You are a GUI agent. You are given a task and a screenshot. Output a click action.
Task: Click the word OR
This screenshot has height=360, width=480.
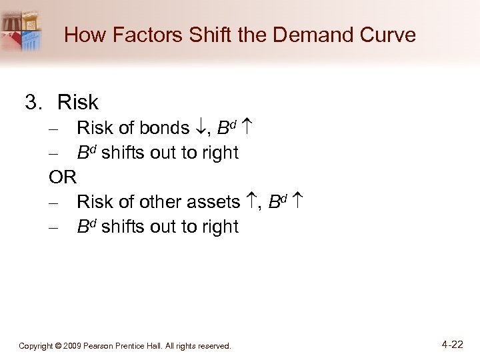point(63,177)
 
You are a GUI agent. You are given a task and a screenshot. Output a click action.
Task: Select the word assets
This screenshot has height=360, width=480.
point(215,202)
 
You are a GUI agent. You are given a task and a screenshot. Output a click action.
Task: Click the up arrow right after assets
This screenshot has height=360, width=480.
point(251,202)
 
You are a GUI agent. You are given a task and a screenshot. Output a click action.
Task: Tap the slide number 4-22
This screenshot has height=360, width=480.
point(451,345)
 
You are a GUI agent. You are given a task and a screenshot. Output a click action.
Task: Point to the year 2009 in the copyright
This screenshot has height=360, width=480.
point(73,346)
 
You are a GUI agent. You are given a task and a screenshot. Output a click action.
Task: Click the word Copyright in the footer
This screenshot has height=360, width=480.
point(37,346)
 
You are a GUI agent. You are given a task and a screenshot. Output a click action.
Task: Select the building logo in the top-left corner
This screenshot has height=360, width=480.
point(23,30)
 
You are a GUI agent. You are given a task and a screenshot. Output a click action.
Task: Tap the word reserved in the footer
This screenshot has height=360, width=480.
point(214,346)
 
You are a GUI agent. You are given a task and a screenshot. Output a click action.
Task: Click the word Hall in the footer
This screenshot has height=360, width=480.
point(159,346)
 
